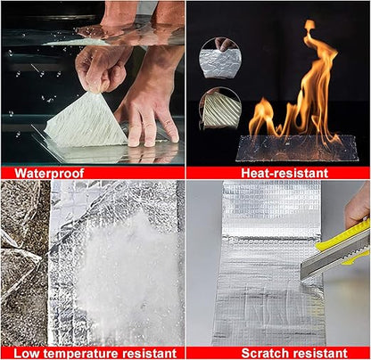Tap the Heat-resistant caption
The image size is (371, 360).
point(277,173)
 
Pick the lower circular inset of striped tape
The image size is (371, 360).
point(220,109)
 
